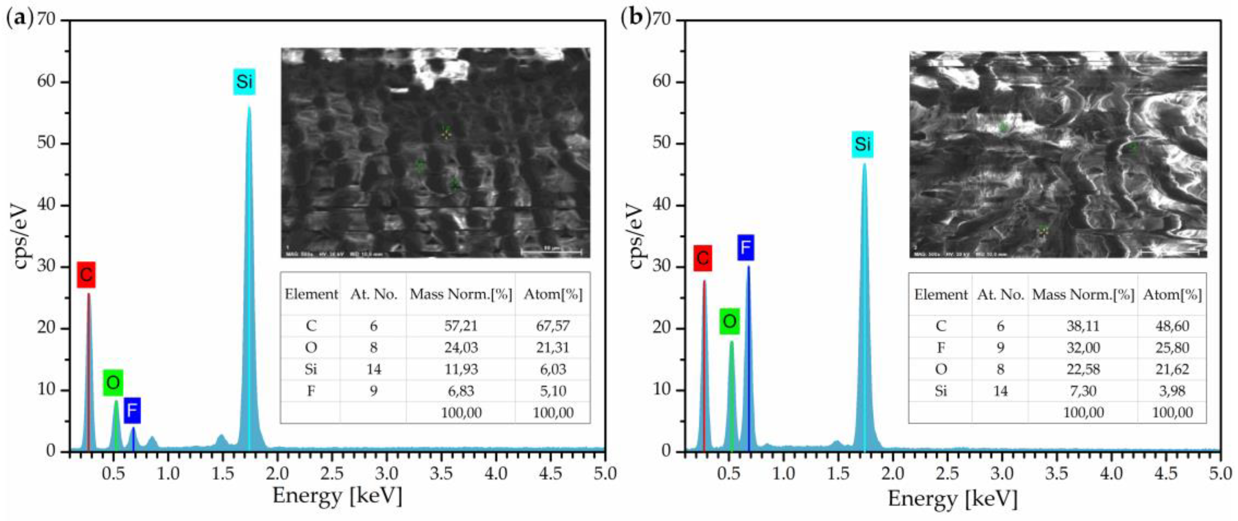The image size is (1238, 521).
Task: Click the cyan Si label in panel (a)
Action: click(x=244, y=82)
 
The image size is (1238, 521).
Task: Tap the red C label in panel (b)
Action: click(x=702, y=258)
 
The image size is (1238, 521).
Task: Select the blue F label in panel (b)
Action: click(x=745, y=248)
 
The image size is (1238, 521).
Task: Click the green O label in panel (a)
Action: click(x=113, y=383)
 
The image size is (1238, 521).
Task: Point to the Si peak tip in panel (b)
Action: click(x=864, y=164)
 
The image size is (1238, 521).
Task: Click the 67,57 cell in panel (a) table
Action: click(x=553, y=326)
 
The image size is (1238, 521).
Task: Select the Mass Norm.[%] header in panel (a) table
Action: click(x=460, y=294)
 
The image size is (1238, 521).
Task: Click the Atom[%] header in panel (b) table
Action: click(x=1172, y=294)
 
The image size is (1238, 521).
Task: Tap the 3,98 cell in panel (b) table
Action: click(x=1172, y=391)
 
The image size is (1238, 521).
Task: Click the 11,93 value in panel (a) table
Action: click(x=460, y=369)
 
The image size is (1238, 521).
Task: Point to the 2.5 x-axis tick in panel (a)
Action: click(x=332, y=474)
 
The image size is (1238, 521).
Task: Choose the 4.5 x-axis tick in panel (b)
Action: click(x=1165, y=474)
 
